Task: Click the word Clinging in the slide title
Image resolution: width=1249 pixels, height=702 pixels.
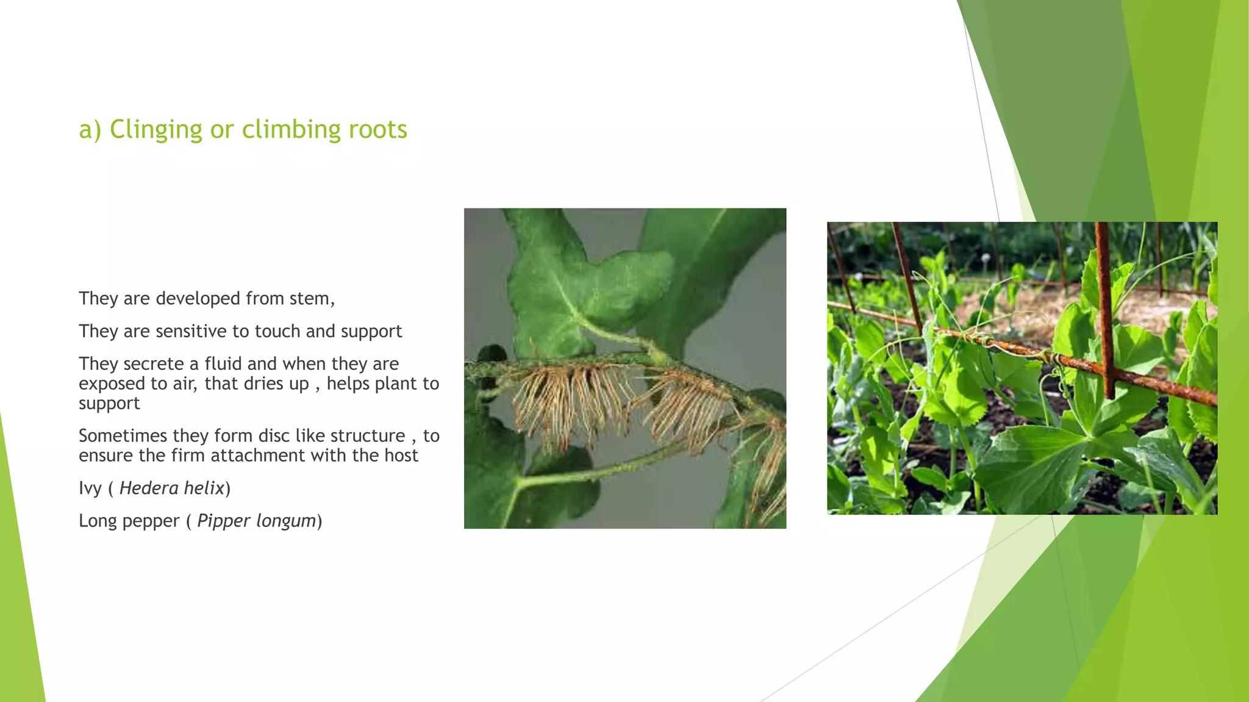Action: [x=156, y=130]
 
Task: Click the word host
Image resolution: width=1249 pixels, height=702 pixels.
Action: [x=401, y=456]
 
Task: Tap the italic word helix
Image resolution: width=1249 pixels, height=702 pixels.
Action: [x=204, y=488]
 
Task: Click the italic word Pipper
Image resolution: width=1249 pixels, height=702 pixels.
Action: [x=223, y=521]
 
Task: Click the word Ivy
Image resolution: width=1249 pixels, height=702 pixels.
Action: [x=90, y=489]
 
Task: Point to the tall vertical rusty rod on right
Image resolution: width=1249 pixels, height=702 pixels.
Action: [x=1105, y=305]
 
